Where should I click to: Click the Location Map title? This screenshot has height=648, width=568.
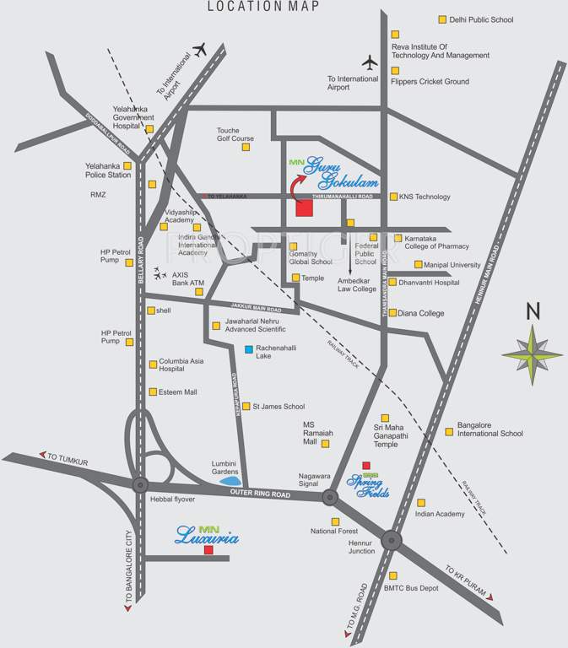(265, 7)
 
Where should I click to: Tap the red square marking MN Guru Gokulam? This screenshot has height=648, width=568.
(304, 208)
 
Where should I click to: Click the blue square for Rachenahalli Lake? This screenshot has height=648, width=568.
(248, 350)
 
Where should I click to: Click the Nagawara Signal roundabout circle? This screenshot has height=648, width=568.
(329, 497)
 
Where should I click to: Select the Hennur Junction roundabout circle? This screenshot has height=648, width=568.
(391, 540)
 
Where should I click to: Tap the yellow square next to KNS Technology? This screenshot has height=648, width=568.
(393, 197)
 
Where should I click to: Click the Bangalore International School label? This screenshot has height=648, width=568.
(490, 429)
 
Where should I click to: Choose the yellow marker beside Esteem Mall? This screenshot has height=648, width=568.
(152, 391)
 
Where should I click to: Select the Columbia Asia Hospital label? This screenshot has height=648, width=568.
(183, 364)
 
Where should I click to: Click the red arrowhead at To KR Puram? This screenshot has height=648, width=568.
(489, 597)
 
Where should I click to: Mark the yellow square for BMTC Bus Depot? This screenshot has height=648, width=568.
(392, 575)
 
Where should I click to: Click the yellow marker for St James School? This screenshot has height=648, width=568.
(246, 407)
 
